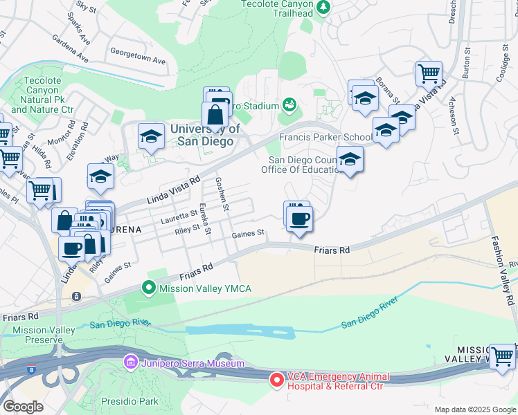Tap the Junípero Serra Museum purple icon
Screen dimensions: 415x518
coord(129,362)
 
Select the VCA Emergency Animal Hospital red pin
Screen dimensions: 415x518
coord(276,379)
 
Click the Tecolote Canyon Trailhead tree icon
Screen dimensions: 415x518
coord(323,7)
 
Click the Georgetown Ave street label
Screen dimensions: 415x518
coord(139,54)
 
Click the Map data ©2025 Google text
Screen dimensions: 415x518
coord(475,409)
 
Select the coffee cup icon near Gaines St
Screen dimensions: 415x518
coord(299,220)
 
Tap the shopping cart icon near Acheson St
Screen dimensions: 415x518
coord(429,73)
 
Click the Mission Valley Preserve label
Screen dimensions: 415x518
coord(44,335)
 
